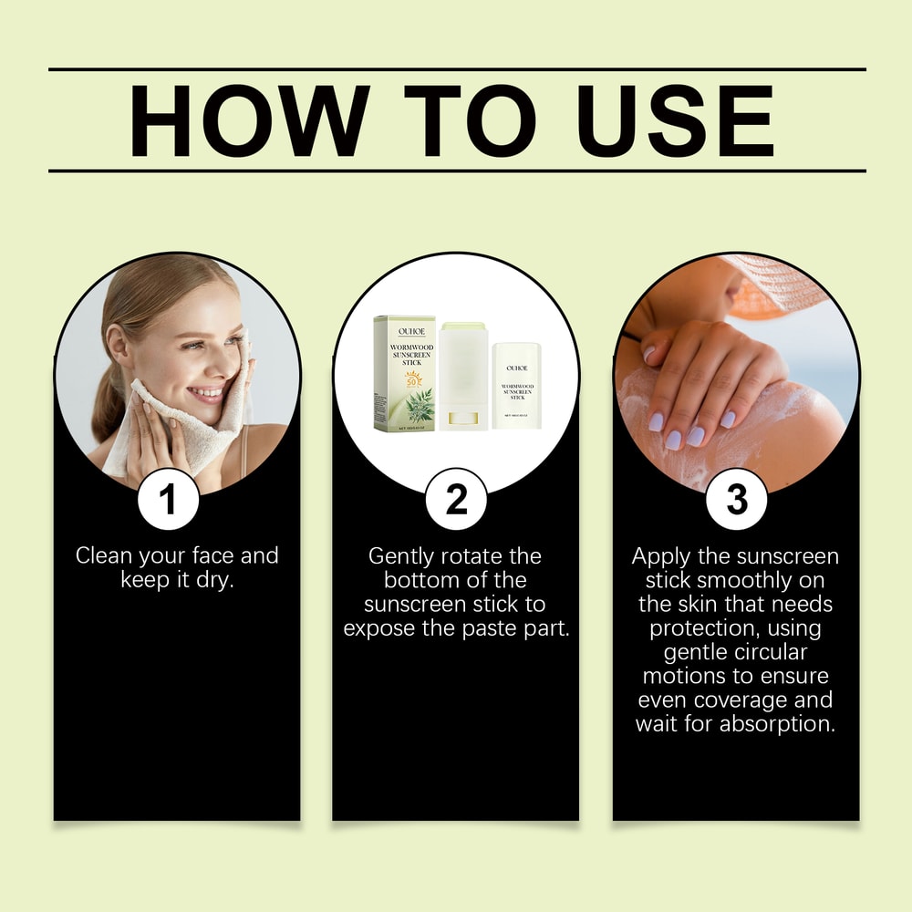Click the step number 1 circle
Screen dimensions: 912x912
tap(168, 500)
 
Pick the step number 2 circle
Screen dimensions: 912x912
tap(455, 500)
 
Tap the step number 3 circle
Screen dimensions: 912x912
tap(736, 500)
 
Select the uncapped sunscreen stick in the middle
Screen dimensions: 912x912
tap(462, 376)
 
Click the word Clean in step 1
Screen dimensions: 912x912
tap(105, 555)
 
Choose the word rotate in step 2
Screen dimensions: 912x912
tap(473, 556)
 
